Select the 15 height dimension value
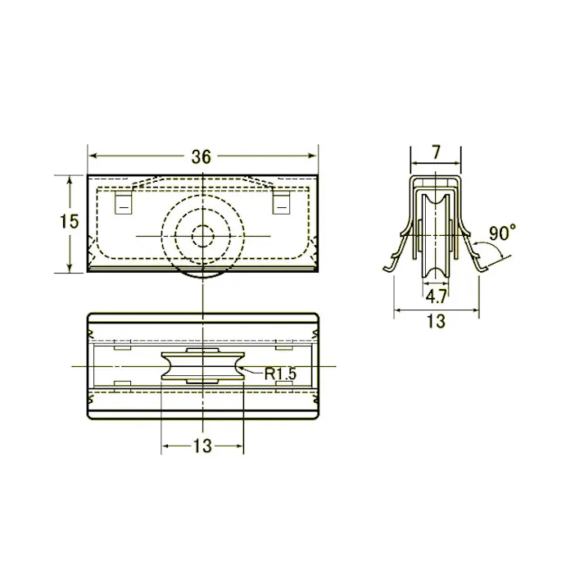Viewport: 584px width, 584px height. tap(70, 221)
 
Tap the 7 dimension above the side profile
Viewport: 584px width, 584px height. tap(436, 152)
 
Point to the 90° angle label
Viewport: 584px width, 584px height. tap(502, 233)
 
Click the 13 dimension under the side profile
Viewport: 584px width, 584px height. tap(437, 322)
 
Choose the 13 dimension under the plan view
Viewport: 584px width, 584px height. tap(202, 446)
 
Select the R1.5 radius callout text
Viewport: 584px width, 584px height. tap(279, 373)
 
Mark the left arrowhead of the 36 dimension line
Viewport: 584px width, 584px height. tap(92, 155)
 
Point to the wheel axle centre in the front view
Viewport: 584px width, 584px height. tap(201, 236)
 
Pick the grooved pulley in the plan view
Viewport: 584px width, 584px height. tap(201, 365)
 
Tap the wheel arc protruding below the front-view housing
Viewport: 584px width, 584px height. tap(201, 275)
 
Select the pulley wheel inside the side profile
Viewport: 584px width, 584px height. tap(436, 238)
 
